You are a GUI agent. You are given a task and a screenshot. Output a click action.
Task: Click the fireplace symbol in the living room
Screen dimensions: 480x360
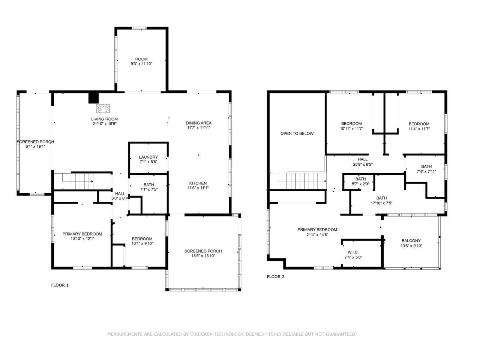103,109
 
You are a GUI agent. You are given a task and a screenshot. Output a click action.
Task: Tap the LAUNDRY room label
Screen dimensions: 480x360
148,157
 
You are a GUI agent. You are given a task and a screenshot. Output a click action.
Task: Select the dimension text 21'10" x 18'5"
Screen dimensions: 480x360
104,124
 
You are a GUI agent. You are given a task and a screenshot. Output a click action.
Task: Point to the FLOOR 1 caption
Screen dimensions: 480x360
60,285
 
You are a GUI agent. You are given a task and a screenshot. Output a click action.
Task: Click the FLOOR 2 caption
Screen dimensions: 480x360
276,277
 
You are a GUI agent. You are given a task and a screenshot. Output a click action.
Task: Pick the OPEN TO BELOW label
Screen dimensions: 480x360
297,133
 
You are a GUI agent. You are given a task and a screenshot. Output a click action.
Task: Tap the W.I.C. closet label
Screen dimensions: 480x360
353,252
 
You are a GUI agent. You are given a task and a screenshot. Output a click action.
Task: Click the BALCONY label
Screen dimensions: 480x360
411,241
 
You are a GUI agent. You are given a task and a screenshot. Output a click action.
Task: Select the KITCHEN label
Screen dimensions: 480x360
198,183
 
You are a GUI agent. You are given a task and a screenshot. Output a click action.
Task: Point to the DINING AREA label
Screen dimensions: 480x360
198,123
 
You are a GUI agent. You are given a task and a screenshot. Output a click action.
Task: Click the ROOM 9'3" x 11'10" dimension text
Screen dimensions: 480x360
141,64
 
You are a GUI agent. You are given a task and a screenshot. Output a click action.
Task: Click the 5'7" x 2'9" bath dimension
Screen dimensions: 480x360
360,184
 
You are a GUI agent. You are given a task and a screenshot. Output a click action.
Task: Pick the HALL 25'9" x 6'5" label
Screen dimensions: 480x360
363,162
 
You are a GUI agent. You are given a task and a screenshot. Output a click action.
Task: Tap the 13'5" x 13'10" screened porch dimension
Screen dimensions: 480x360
203,256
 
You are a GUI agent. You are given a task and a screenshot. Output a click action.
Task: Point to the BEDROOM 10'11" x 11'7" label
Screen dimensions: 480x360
351,126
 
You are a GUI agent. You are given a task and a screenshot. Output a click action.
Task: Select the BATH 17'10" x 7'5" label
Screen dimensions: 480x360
381,200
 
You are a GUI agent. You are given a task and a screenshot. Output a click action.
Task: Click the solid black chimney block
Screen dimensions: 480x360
94,98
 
